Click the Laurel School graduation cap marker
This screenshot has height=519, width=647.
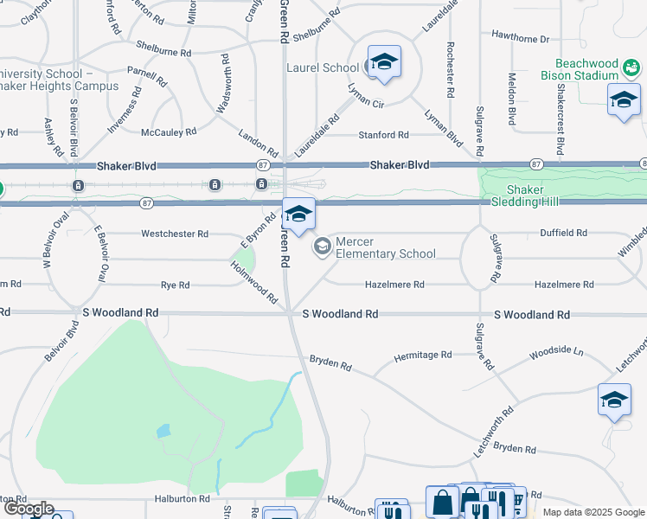pyautogui.click(x=384, y=63)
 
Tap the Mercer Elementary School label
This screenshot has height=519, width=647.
pyautogui.click(x=385, y=247)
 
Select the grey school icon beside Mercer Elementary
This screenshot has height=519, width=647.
pyautogui.click(x=323, y=247)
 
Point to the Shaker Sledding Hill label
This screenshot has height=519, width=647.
pyautogui.click(x=527, y=195)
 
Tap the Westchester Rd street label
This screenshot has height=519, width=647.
pyautogui.click(x=175, y=234)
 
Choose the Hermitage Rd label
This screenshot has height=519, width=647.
pyautogui.click(x=423, y=355)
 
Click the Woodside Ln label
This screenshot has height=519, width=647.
pyautogui.click(x=556, y=353)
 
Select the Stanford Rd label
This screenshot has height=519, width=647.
pyautogui.click(x=383, y=135)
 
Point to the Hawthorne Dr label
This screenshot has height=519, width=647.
pyautogui.click(x=520, y=39)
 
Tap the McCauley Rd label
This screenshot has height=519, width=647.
pyautogui.click(x=169, y=132)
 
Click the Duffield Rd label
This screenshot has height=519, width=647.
pyautogui.click(x=563, y=234)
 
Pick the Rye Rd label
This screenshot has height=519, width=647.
pyautogui.click(x=175, y=285)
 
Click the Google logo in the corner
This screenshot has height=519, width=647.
pyautogui.click(x=28, y=509)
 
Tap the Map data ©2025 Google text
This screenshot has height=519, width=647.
pyautogui.click(x=593, y=512)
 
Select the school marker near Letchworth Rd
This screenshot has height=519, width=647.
pyautogui.click(x=614, y=400)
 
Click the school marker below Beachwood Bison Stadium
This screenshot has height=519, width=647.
pyautogui.click(x=624, y=100)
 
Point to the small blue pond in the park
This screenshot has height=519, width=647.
pyautogui.click(x=163, y=431)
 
